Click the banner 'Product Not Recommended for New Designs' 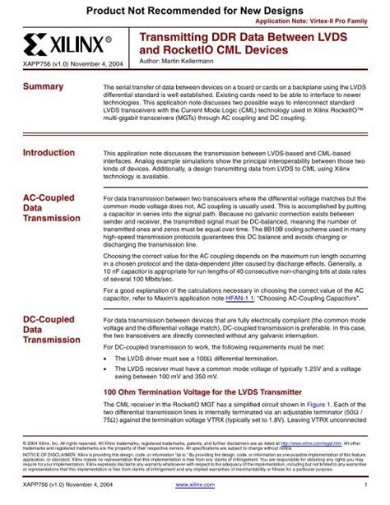coord(195,7)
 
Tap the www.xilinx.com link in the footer coord(195,496)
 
